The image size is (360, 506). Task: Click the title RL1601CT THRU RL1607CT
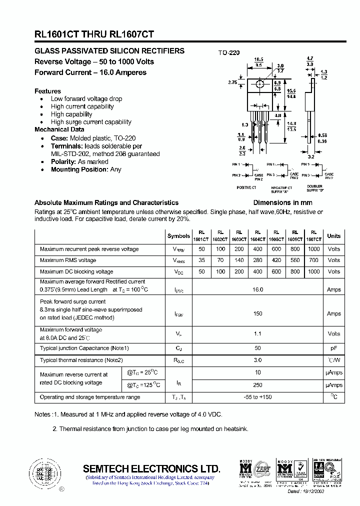94,34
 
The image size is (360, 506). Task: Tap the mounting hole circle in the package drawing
259,84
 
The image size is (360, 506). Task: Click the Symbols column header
178,236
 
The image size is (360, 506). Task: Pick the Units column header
333,236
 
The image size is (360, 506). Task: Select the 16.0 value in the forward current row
257,289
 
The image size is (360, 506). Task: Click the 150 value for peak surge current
257,313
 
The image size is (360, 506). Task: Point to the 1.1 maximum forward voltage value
257,333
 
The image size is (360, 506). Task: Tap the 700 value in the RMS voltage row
313,260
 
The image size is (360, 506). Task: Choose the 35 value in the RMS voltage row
202,260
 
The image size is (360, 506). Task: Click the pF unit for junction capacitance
333,348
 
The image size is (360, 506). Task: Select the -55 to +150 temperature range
257,397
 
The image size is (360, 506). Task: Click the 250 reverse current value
257,385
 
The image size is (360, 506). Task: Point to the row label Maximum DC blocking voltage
76,272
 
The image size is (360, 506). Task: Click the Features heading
47,91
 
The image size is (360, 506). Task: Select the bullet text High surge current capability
91,122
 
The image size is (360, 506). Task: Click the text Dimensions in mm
282,202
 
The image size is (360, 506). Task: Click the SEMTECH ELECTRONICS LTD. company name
151,468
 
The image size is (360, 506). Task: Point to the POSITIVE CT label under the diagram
246,187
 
